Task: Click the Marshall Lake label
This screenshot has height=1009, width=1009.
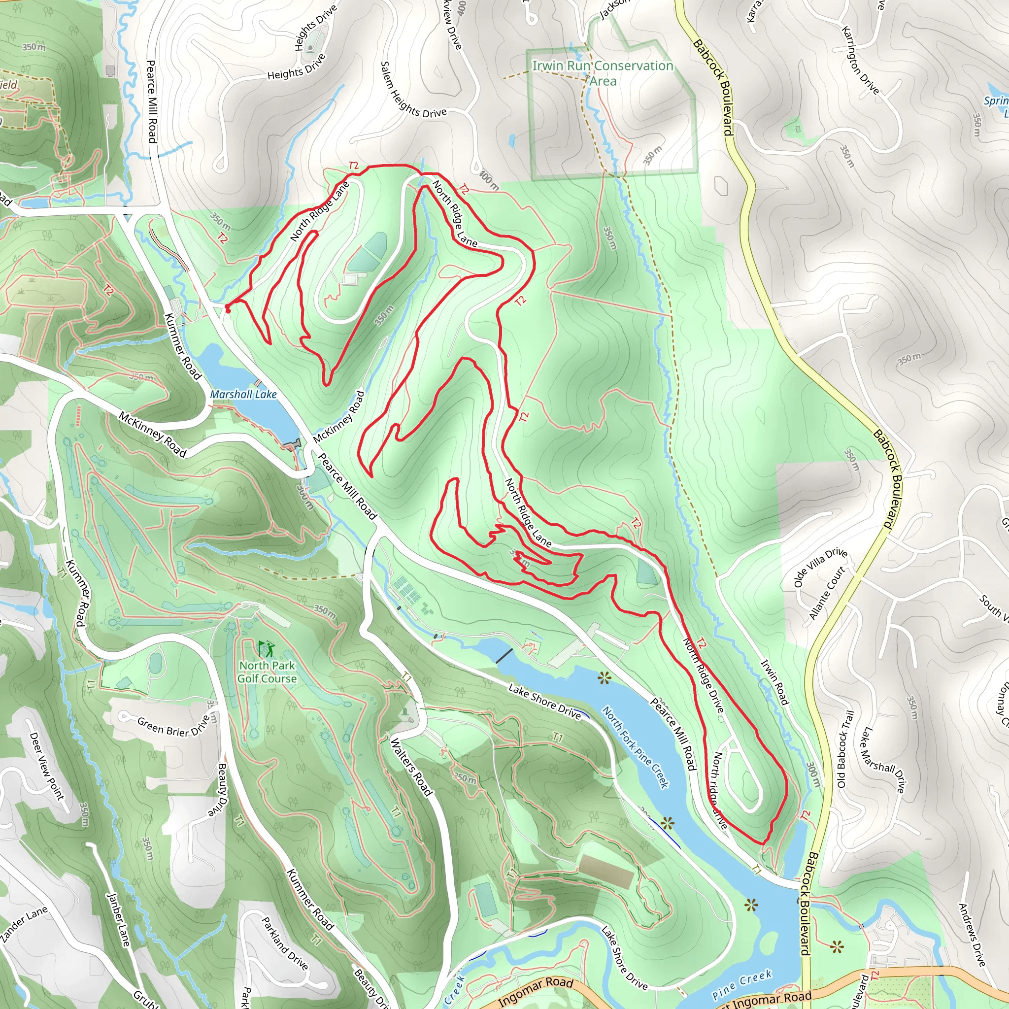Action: click(x=243, y=394)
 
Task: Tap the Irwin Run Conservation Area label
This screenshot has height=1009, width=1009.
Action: click(x=603, y=73)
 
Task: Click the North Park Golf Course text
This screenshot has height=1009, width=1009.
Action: click(x=268, y=672)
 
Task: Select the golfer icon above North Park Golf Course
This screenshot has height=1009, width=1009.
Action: click(x=267, y=649)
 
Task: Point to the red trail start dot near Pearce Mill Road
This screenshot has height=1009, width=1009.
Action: click(x=228, y=310)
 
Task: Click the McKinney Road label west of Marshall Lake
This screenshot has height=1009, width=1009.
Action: click(x=152, y=435)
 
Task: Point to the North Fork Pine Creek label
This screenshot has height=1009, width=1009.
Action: click(x=635, y=747)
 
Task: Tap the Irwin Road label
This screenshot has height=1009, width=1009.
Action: click(x=774, y=682)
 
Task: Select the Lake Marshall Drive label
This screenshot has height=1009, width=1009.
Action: click(x=881, y=760)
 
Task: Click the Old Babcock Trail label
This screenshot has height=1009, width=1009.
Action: click(x=845, y=749)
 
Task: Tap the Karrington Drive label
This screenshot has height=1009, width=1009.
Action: click(x=860, y=60)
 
